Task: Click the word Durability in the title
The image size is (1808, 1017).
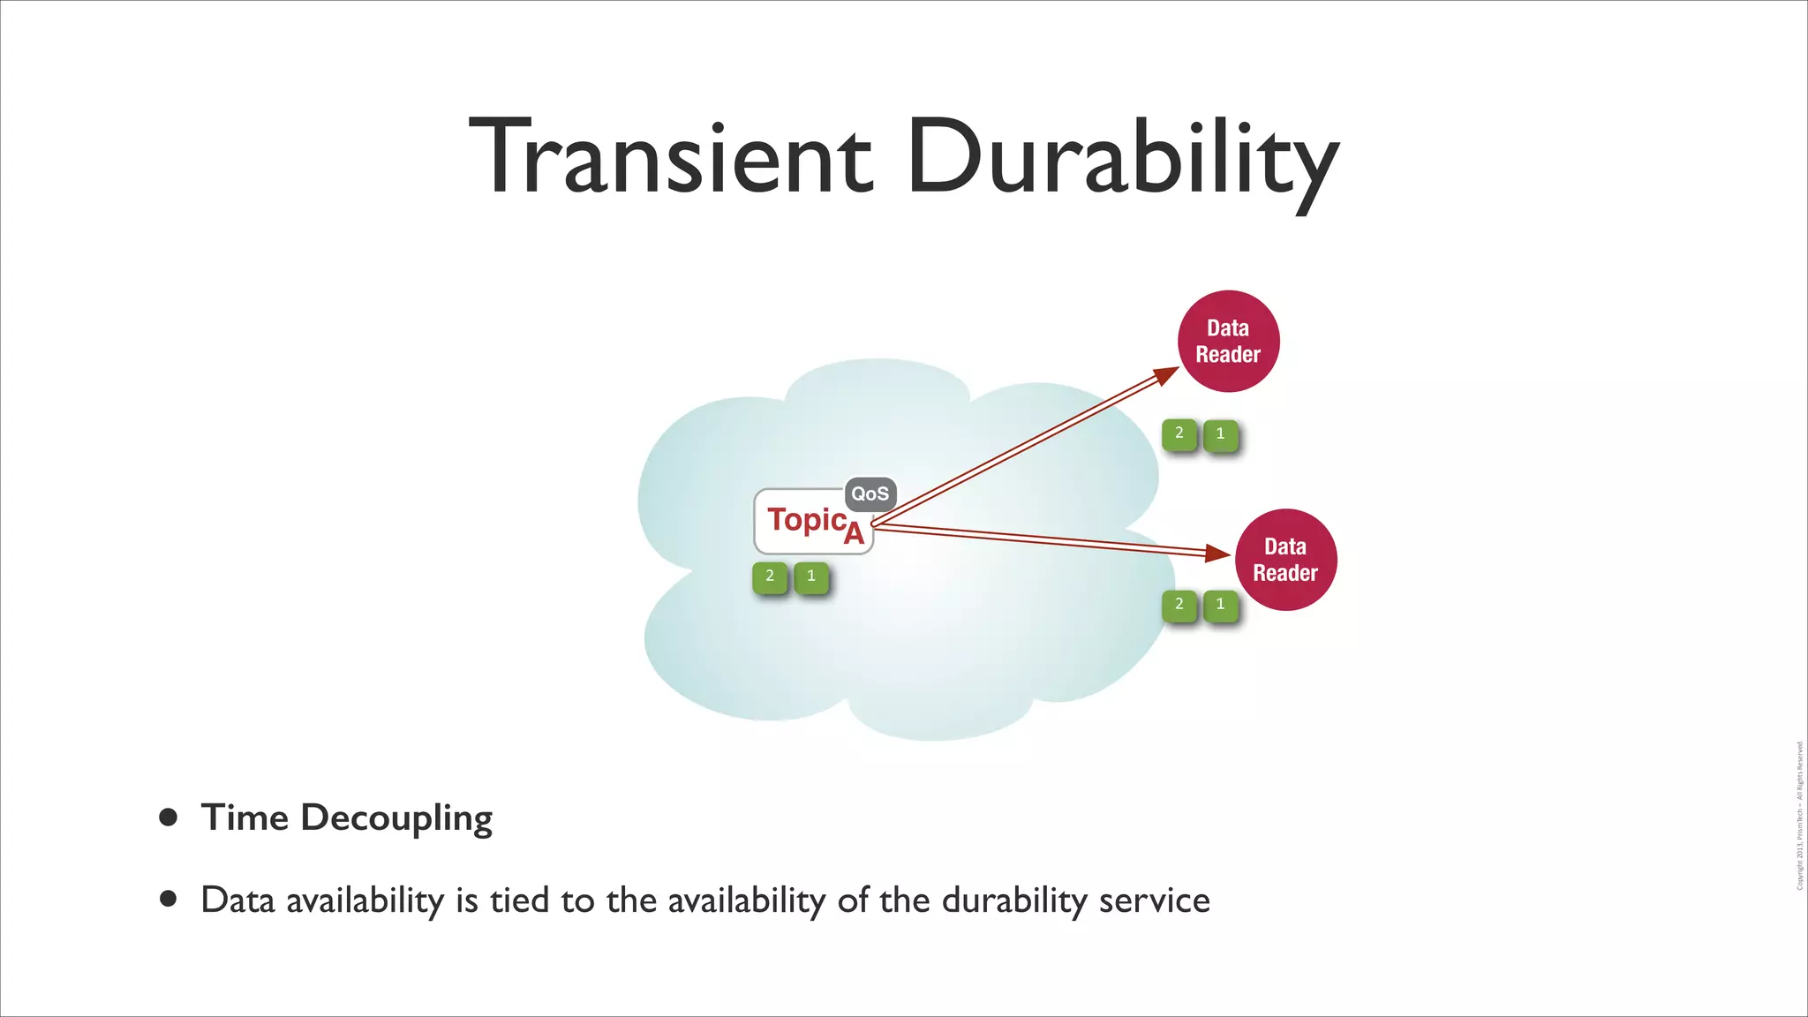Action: (x=1121, y=159)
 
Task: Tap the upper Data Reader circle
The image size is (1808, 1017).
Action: (x=1228, y=341)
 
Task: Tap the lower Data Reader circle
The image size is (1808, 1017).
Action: (x=1285, y=560)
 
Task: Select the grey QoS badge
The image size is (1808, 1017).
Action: (x=870, y=494)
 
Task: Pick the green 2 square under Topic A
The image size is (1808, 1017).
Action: (x=770, y=576)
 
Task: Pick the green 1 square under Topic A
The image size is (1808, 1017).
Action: (x=811, y=576)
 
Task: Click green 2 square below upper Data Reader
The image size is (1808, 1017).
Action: (x=1179, y=433)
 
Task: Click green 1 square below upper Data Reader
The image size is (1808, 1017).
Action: (x=1220, y=433)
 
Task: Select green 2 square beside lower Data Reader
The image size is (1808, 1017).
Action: (x=1179, y=605)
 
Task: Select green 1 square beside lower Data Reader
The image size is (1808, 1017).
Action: (x=1220, y=605)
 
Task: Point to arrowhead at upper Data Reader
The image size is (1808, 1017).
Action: (x=1168, y=375)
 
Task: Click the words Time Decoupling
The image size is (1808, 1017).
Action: (x=346, y=818)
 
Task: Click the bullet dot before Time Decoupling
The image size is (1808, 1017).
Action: (x=168, y=817)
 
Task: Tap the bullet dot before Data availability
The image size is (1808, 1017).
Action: (x=168, y=899)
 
